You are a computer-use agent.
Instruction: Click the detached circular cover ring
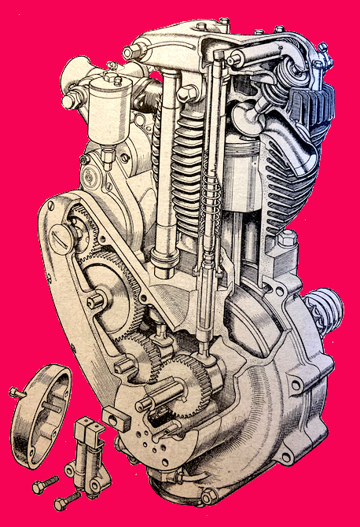39,413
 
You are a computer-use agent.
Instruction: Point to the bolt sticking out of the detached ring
18,391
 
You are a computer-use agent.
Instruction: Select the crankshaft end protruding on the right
325,308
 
